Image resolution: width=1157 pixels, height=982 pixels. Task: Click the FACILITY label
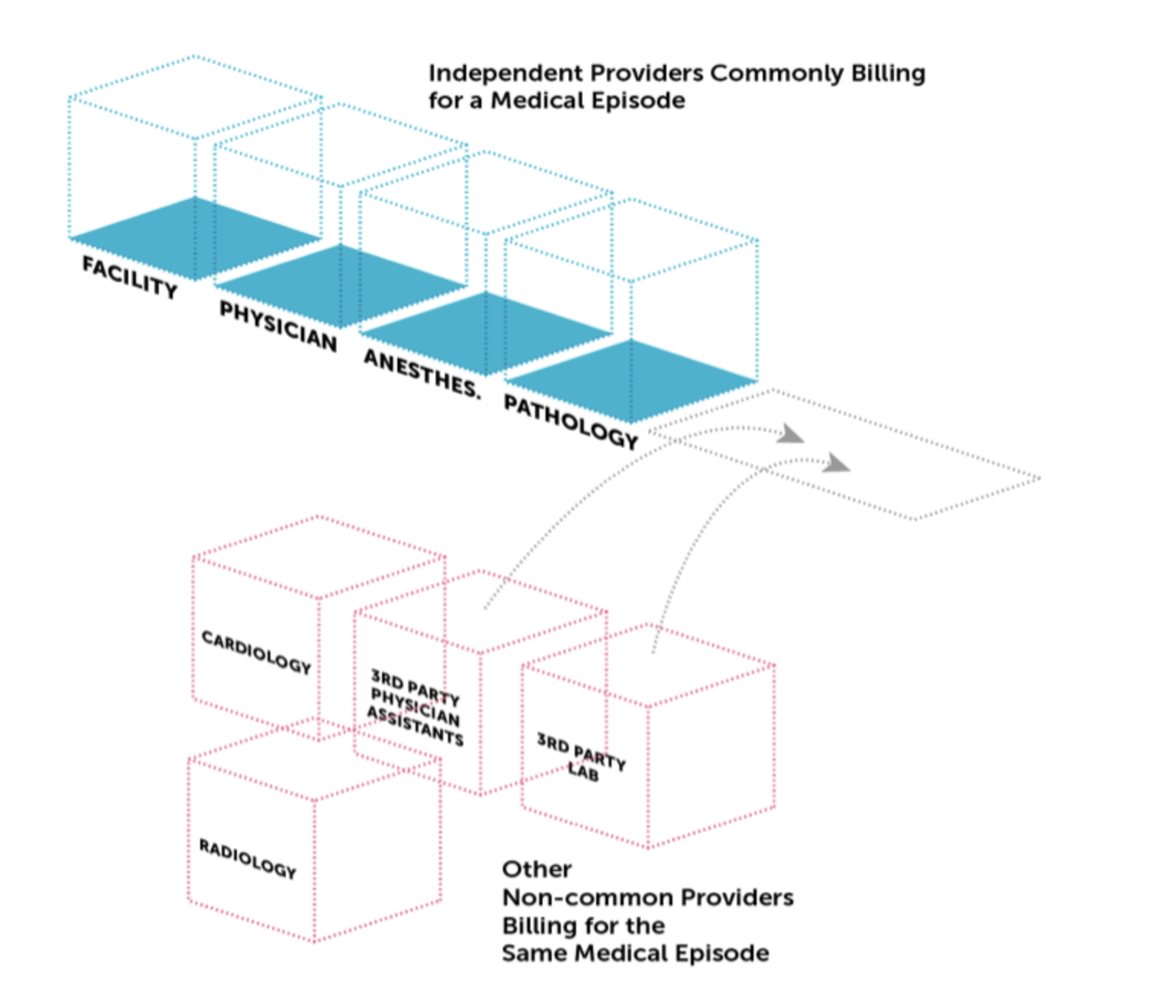tap(130, 277)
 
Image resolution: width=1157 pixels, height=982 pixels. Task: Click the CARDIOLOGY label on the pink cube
tap(256, 652)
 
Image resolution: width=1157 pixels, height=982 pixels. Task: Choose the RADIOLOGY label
tap(247, 858)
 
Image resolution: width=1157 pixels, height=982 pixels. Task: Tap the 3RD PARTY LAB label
tap(582, 757)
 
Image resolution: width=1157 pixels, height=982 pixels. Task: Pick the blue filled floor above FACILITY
tap(195, 238)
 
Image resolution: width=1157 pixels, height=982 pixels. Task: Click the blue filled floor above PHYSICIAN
tap(341, 285)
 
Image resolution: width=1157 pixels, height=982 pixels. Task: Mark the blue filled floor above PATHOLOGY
tap(631, 380)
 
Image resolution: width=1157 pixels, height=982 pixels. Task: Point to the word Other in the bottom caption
tap(536, 870)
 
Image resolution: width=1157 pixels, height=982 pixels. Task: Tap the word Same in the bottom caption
tap(534, 954)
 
